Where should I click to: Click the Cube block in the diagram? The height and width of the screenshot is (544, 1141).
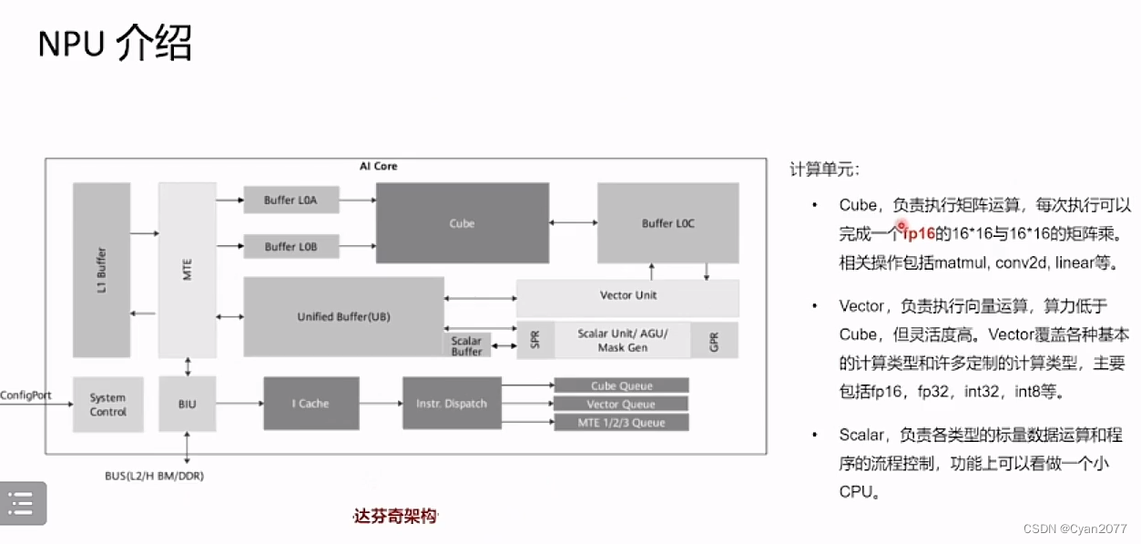pos(462,223)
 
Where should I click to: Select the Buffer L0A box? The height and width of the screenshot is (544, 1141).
pos(291,200)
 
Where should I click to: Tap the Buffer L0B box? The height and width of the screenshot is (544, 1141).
pos(291,246)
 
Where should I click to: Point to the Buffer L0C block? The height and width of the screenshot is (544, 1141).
pos(667,223)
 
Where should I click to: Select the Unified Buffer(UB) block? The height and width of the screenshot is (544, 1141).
pos(343,316)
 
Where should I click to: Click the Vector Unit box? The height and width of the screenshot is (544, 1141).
pos(627,296)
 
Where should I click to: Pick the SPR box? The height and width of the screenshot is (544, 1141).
pos(535,340)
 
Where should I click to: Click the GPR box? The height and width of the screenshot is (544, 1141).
pos(714,340)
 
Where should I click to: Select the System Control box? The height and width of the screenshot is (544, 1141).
pos(107,404)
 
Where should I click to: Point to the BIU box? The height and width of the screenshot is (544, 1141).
pos(188,404)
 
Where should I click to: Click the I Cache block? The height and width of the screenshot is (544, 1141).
pos(311,404)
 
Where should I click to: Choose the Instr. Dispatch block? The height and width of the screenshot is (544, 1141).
pos(452,404)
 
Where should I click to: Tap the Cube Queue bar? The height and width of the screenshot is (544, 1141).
pos(621,385)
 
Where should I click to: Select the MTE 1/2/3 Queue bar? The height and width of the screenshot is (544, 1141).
pos(621,422)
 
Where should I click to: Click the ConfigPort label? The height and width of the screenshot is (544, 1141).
pos(25,395)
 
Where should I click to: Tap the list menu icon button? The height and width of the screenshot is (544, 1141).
pos(21,502)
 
